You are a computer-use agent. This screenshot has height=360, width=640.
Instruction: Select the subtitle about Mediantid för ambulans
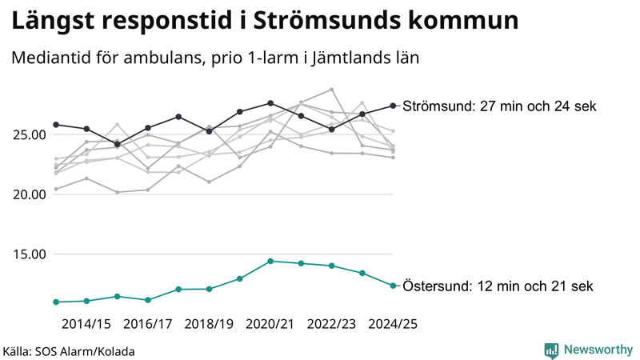215,58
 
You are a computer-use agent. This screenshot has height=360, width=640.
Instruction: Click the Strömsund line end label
499,106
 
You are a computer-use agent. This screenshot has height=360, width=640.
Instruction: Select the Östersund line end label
498,286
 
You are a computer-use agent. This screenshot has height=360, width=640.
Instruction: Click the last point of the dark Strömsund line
393,106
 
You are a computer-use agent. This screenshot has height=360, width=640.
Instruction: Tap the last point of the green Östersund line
393,286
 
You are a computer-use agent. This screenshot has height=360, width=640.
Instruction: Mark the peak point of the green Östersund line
270,261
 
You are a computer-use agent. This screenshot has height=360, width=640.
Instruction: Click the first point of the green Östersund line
56,302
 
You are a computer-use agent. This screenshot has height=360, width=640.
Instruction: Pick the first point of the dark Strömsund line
56,125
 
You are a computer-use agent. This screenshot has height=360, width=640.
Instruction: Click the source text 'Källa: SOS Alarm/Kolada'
69,351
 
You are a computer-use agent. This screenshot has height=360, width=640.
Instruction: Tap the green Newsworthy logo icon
551,350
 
